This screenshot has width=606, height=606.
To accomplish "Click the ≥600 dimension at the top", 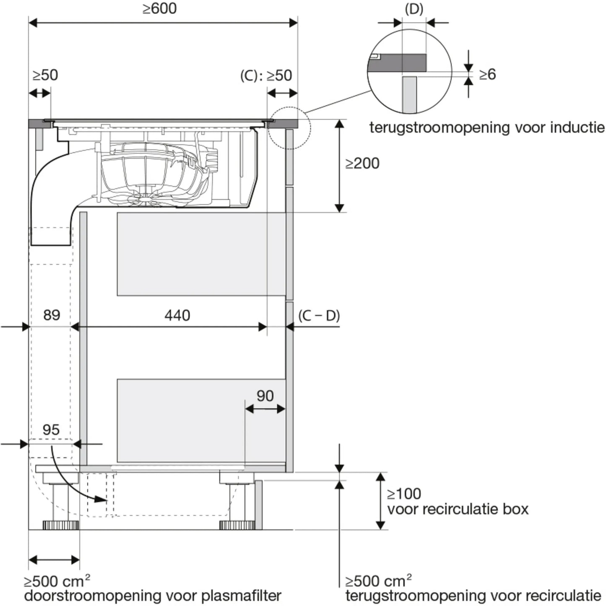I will coord(159,9).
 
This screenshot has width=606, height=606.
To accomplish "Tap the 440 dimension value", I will coord(177,315).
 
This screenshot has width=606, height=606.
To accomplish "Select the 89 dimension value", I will coord(52,315).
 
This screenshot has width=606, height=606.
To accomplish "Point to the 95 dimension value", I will coord(51,430).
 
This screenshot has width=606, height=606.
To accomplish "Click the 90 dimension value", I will coord(265,396).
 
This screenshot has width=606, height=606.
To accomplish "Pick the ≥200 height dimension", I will coord(362,164).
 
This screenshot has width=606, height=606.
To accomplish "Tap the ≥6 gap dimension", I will coord(487,75).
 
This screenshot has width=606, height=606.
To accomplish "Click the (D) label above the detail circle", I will coord(414,9).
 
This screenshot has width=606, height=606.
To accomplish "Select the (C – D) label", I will coord(319,316).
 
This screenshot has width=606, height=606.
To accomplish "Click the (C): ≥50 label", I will coord(266,76).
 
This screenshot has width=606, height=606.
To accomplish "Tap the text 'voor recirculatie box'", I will coord(458,509).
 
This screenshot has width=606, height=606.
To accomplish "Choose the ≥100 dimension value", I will coord(404,494).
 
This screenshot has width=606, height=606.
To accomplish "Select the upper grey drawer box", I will coord(201,254).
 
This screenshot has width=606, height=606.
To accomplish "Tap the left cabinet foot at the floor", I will coord(61,525).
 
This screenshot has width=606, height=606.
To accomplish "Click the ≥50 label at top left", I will coord(45,75).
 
